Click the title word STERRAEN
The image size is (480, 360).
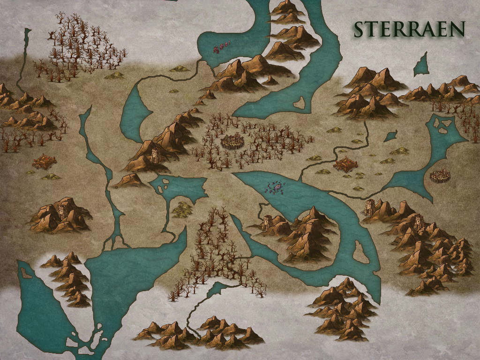point(409,29)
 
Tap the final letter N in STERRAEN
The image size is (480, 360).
point(457,29)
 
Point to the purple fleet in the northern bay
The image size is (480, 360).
point(221,46)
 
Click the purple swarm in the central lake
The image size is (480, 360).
point(276,187)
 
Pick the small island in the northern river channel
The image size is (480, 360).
point(299,102)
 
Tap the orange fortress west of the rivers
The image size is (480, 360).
point(45,162)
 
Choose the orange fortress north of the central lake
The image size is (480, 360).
point(345,165)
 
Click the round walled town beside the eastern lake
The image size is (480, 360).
point(440,176)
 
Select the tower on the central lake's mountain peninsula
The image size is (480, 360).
point(268,222)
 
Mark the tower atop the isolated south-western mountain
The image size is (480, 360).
point(61,210)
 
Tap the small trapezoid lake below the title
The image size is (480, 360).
point(422,65)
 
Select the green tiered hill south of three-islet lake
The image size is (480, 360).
point(182,209)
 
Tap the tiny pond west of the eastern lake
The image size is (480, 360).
point(390,136)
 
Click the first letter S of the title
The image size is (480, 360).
point(360,30)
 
